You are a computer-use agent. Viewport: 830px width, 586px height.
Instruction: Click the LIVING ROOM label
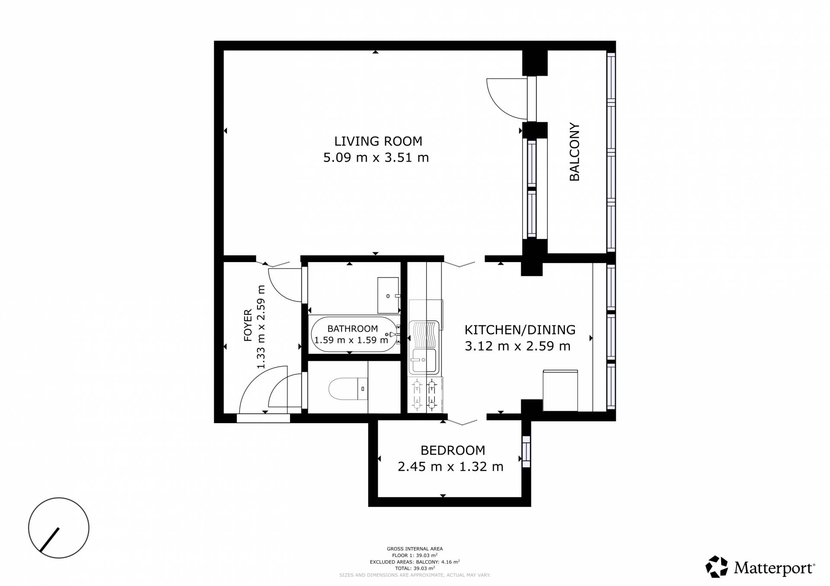pyautogui.click(x=378, y=141)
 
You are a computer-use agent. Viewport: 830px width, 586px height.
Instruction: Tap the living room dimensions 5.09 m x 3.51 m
pyautogui.click(x=376, y=158)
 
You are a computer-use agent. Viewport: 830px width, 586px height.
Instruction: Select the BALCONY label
pyautogui.click(x=575, y=152)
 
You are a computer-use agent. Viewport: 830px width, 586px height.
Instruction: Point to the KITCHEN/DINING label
pyautogui.click(x=520, y=330)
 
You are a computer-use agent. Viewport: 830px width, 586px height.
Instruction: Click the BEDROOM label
pyautogui.click(x=453, y=450)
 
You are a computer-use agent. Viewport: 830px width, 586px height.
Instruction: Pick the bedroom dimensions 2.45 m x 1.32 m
pyautogui.click(x=450, y=467)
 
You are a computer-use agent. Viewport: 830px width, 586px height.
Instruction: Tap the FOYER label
pyautogui.click(x=248, y=325)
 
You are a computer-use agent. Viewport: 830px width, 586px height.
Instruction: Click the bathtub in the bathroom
pyautogui.click(x=354, y=335)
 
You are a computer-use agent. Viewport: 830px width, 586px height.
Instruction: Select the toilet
pyautogui.click(x=348, y=389)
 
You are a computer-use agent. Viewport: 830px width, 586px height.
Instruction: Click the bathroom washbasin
pyautogui.click(x=388, y=295)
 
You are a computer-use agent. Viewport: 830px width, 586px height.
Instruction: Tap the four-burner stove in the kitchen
pyautogui.click(x=425, y=394)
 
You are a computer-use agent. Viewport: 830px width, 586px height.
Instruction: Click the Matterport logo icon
pyautogui.click(x=717, y=567)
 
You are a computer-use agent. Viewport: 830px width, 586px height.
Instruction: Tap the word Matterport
pyautogui.click(x=774, y=568)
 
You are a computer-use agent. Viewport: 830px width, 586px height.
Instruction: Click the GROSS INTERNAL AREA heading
pyautogui.click(x=415, y=549)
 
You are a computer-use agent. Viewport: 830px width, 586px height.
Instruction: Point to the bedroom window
pyautogui.click(x=526, y=451)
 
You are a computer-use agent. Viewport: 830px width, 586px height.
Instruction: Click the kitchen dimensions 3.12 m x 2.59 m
pyautogui.click(x=517, y=346)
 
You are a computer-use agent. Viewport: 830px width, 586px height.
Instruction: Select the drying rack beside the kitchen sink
pyautogui.click(x=424, y=334)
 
